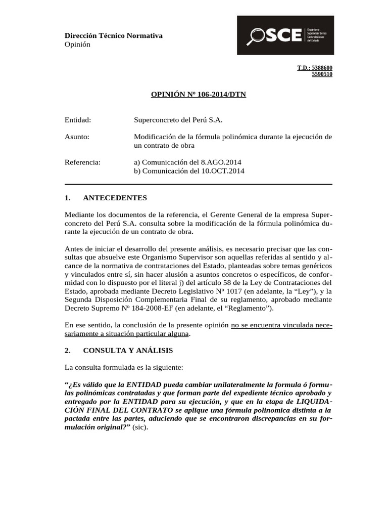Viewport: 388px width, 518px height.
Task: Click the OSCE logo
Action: (285, 35)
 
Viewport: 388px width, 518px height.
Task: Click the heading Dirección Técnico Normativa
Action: (114, 35)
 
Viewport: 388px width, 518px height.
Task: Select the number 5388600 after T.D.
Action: (322, 68)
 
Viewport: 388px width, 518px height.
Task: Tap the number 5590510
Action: (322, 74)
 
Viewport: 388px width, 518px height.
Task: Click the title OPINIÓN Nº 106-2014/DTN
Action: (199, 95)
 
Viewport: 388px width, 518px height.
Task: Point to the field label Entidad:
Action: (78, 120)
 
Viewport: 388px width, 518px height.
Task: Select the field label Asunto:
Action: (77, 137)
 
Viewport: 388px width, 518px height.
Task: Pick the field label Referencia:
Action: (83, 162)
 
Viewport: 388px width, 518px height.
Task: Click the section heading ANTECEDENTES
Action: (115, 198)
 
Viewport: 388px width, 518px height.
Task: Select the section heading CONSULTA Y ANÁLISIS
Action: (128, 350)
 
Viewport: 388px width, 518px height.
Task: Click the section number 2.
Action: (68, 350)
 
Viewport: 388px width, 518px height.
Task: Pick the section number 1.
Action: (68, 198)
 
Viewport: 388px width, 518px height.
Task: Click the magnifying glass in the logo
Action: (256, 36)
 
